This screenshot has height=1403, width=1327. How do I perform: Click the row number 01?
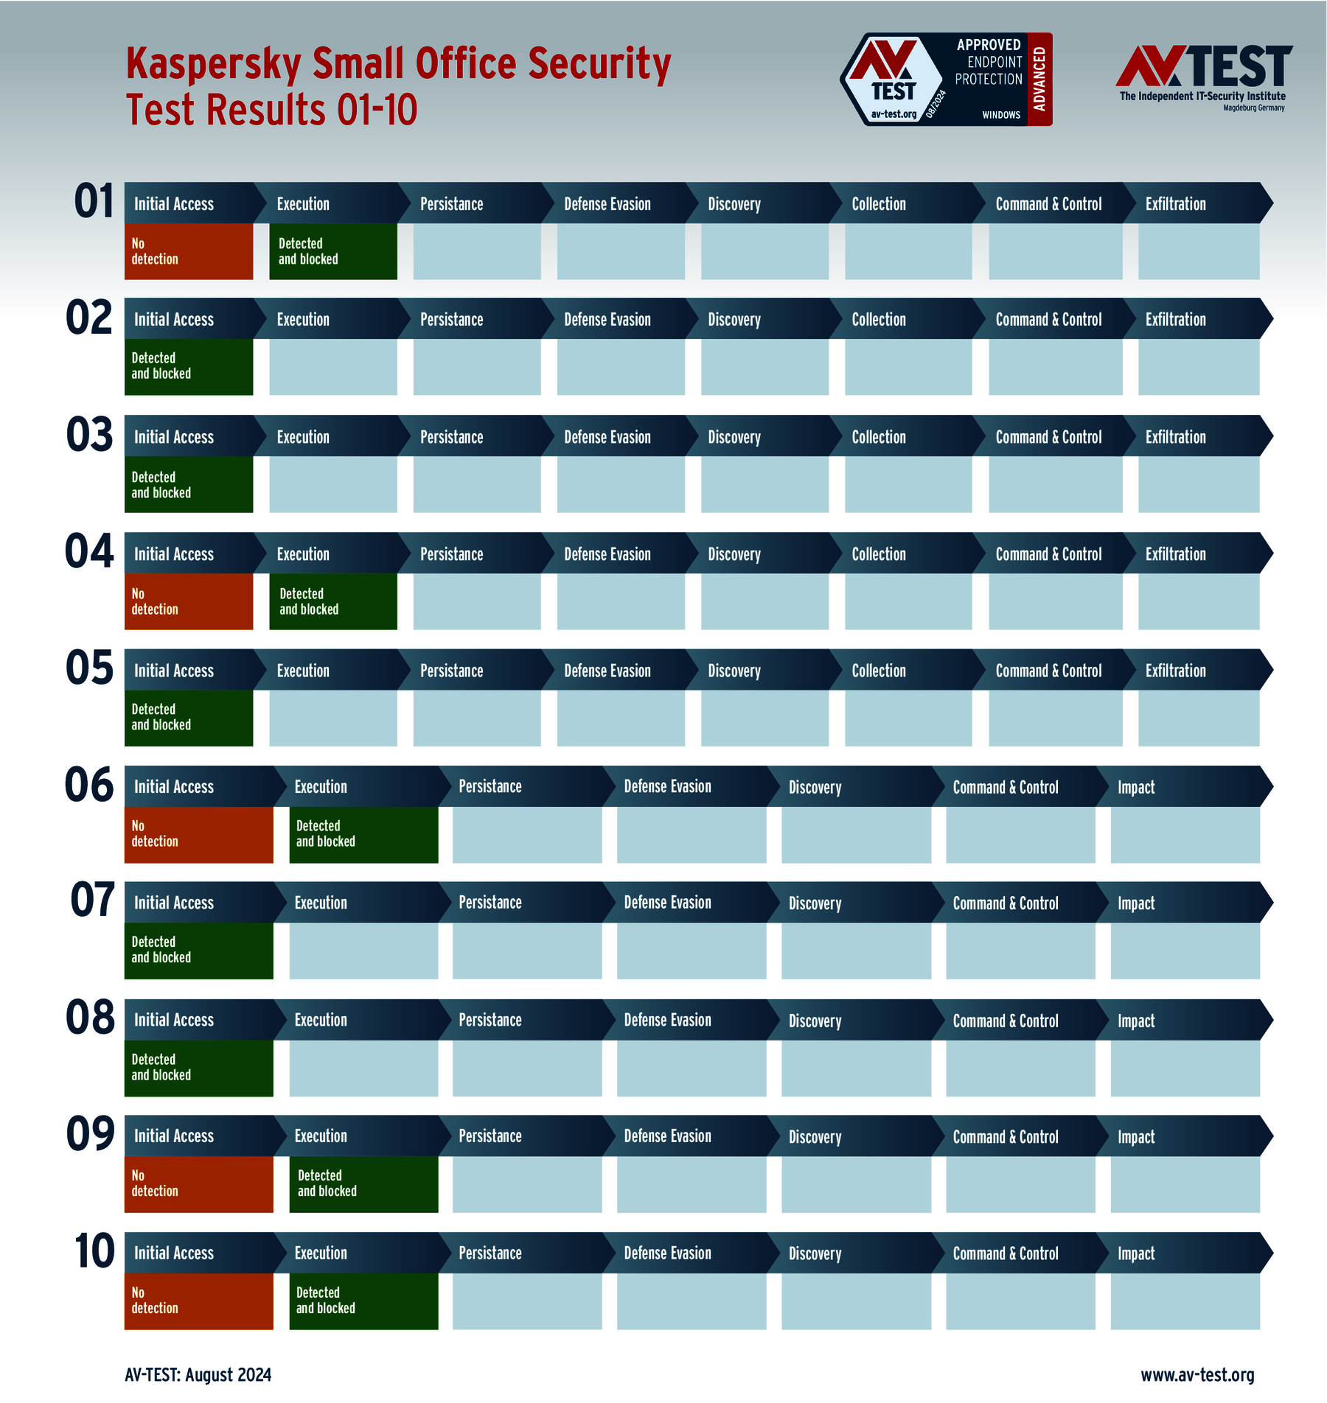click(x=94, y=201)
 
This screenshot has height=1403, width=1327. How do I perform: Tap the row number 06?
click(x=89, y=785)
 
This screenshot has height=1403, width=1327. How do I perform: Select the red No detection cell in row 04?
click(x=188, y=601)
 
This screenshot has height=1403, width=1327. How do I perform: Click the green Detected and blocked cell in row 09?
click(x=363, y=1183)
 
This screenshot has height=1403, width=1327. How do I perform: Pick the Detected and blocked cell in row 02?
click(x=188, y=366)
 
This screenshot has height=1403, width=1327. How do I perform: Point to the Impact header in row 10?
click(x=1136, y=1253)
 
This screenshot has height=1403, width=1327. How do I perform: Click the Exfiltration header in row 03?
click(x=1175, y=437)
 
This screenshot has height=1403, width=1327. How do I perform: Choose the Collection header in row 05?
click(x=879, y=671)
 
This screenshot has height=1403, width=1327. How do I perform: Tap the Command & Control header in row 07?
click(x=1006, y=903)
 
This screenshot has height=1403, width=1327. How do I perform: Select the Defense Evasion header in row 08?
click(x=667, y=1021)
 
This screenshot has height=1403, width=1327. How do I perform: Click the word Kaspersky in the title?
click(x=213, y=64)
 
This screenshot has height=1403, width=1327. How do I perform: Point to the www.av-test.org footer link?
click(x=1197, y=1375)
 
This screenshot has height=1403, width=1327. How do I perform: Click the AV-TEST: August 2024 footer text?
click(x=198, y=1375)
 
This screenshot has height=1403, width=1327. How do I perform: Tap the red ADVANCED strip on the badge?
click(x=1039, y=79)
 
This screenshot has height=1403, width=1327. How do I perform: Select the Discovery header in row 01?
click(x=734, y=204)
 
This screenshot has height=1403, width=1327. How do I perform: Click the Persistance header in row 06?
click(x=490, y=787)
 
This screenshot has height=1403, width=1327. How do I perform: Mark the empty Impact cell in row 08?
click(x=1185, y=1068)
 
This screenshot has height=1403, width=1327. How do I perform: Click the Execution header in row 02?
click(x=303, y=320)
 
